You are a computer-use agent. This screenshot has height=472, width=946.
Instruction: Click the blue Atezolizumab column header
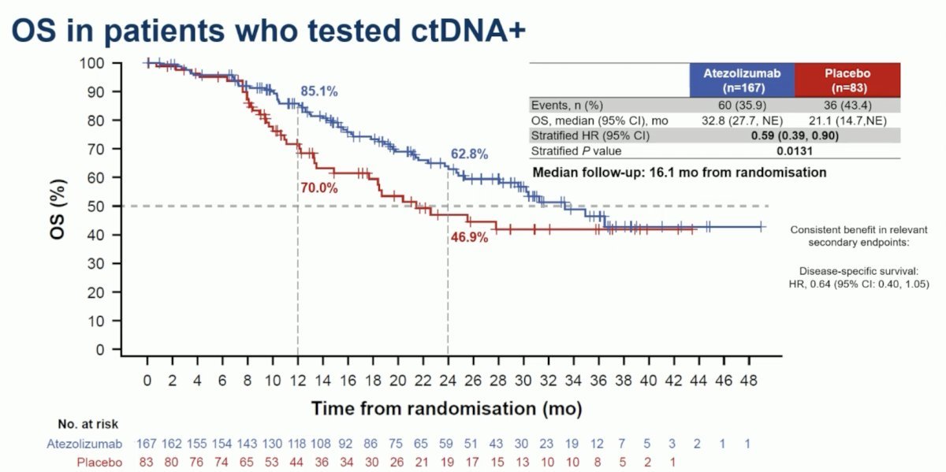pos(742,80)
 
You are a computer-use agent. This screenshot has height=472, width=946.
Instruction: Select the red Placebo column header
pos(847,80)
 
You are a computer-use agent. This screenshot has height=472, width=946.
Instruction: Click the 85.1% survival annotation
pos(318,91)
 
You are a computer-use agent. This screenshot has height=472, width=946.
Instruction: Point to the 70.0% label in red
pos(318,188)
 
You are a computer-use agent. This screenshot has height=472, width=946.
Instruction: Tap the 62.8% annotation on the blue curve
pos(469,154)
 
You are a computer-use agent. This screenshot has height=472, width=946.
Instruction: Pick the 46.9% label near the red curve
pos(469,237)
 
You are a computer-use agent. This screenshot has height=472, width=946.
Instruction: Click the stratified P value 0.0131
pos(795,151)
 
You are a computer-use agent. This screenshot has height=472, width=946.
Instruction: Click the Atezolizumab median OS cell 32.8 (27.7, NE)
pos(742,121)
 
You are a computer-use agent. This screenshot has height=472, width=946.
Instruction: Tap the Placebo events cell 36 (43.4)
pos(847,105)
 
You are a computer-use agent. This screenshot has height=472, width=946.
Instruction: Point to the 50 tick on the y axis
pos(96,206)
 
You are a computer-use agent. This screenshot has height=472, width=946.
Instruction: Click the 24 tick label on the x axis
pos(448,381)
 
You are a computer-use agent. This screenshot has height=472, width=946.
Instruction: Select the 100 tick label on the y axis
pos(91,63)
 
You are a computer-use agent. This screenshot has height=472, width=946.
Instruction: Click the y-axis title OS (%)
pos(58,210)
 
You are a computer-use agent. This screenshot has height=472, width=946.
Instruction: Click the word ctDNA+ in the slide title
pos(468,31)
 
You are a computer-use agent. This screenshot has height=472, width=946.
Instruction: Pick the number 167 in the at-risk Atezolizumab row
pos(146,444)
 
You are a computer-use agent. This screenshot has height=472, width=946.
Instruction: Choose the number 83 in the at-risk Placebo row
pos(146,463)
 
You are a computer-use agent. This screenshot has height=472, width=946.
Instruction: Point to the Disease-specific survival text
pos(858,271)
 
